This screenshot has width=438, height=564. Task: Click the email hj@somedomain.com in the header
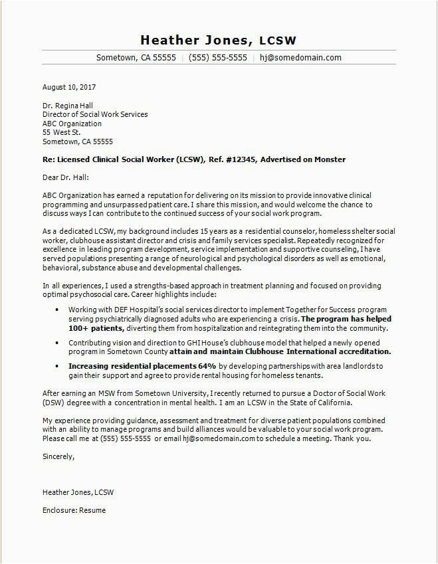pos(300,58)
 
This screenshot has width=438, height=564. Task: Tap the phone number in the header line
pos(218,58)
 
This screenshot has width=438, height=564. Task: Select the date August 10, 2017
pos(69,87)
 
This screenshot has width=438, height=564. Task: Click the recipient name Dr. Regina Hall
pos(68,106)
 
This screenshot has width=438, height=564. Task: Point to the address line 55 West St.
pos(62,132)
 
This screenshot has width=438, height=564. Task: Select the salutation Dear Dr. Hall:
pos(65,177)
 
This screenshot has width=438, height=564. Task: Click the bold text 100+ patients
pos(96,328)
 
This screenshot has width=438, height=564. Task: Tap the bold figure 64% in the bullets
pos(207,366)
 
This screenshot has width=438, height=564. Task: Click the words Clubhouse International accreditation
pos(326,351)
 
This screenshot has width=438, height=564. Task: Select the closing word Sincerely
pos(58,456)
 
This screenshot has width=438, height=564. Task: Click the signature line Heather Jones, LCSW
pos(78,492)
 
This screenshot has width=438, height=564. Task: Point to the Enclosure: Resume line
pos(74,510)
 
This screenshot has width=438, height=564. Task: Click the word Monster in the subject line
pos(330,159)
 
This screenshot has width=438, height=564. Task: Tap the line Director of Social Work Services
pos(95,114)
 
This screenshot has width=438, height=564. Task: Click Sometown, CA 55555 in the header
pos(136,58)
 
